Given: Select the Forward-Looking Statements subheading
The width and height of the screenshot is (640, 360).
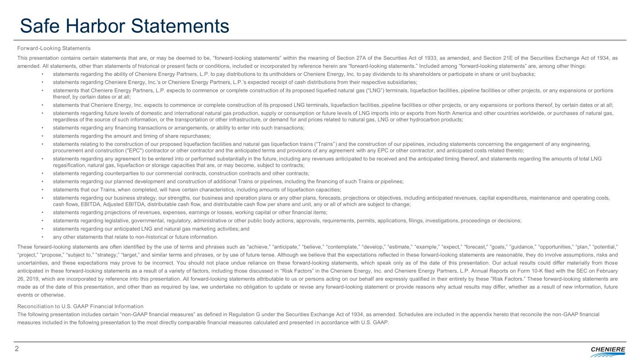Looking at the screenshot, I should tap(53, 48).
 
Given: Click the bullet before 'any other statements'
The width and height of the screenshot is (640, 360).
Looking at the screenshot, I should tap(43, 236).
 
